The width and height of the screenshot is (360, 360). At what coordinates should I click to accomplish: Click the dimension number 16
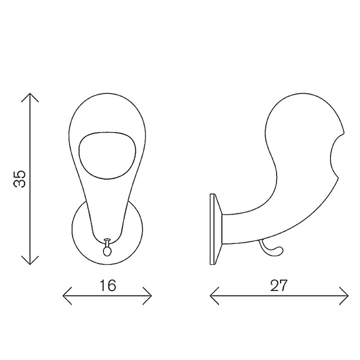107,285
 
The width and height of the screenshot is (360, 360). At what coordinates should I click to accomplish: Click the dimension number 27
278,285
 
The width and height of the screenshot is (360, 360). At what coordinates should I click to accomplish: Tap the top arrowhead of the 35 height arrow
30,93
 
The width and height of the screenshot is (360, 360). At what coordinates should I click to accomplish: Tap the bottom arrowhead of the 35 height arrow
30,264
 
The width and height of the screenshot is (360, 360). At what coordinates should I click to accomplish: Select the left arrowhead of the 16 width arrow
63,296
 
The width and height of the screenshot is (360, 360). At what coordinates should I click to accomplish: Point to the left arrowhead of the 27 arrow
210,296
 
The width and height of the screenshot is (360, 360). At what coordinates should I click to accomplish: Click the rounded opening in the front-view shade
107,155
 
